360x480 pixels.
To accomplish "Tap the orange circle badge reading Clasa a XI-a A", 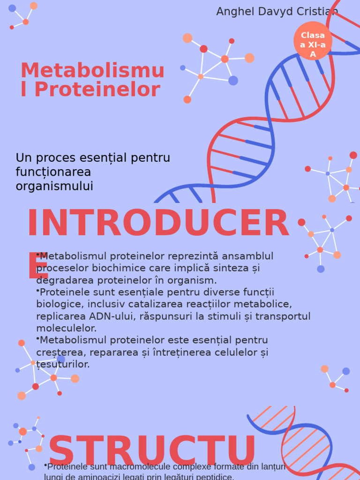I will point(313,41).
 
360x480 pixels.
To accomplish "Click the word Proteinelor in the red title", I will point(97,90).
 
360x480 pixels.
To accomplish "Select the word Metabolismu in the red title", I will point(92,71).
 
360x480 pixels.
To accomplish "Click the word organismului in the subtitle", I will point(54,186).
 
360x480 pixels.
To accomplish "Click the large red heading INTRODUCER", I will point(158,224).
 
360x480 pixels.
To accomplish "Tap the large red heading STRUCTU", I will point(152,451).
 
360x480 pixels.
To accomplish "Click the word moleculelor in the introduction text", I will point(67,328).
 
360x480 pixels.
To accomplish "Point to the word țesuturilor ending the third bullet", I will point(63,364).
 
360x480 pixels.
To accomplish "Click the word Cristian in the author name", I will point(318,12).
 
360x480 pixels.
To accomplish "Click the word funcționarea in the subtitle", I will point(53,172).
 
